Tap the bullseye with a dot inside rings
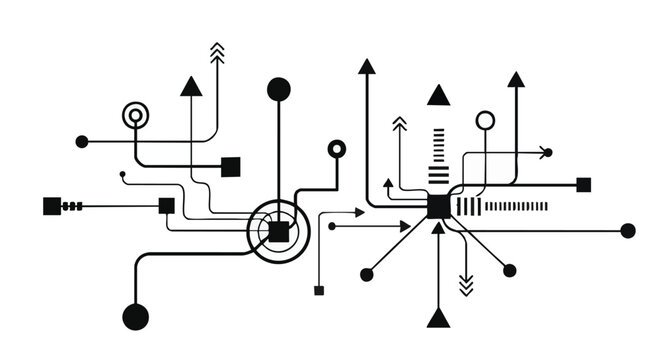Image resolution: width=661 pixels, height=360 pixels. pos(135,116)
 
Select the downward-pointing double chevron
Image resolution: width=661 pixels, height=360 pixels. pos(465,284)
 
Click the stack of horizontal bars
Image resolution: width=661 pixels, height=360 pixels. pos(438,156)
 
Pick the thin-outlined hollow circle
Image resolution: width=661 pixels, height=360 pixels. pos(485,121)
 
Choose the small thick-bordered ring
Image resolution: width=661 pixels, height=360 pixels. pos(337,149)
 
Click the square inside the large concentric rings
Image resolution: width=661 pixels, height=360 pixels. pos(278,232)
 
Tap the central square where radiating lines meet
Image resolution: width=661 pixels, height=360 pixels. pos(438,207)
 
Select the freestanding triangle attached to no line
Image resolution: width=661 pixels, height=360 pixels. pos(438,97)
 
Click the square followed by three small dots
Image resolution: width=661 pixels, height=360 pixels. pos(52,206)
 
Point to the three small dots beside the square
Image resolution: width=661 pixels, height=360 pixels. pos(72,206)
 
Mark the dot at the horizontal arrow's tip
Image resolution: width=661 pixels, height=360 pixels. pos(332,227)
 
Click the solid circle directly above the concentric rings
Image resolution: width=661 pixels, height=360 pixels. pos(279,89)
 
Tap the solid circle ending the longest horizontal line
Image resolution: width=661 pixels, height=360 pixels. pos(628,231)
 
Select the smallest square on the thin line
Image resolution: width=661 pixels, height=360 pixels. pos(319,291)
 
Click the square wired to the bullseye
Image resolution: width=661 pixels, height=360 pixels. pos(230,166)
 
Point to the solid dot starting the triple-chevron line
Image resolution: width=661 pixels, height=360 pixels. pos(82,142)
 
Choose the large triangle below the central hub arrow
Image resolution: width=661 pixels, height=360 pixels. pos(437,317)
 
